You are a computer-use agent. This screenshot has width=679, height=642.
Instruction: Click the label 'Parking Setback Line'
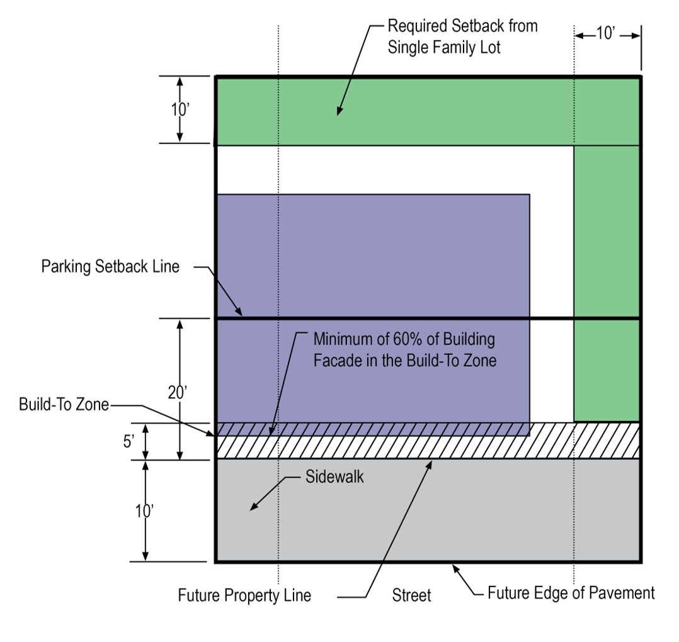tap(110, 266)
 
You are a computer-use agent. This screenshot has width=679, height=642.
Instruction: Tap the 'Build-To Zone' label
tap(64, 405)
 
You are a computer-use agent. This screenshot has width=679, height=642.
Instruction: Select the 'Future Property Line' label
tap(244, 595)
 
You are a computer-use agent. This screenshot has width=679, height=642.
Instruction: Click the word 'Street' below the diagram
tap(411, 595)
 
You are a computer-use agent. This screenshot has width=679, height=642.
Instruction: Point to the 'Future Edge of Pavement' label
tap(571, 592)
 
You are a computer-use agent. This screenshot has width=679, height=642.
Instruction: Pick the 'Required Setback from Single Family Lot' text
tap(462, 37)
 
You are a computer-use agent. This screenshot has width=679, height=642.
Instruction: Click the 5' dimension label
tap(128, 441)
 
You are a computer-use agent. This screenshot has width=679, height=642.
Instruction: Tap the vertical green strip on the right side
tap(607, 283)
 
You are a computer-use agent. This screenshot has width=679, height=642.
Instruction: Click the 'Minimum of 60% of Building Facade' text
tap(404, 349)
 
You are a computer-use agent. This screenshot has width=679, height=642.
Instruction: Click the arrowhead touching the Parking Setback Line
tap(239, 313)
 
